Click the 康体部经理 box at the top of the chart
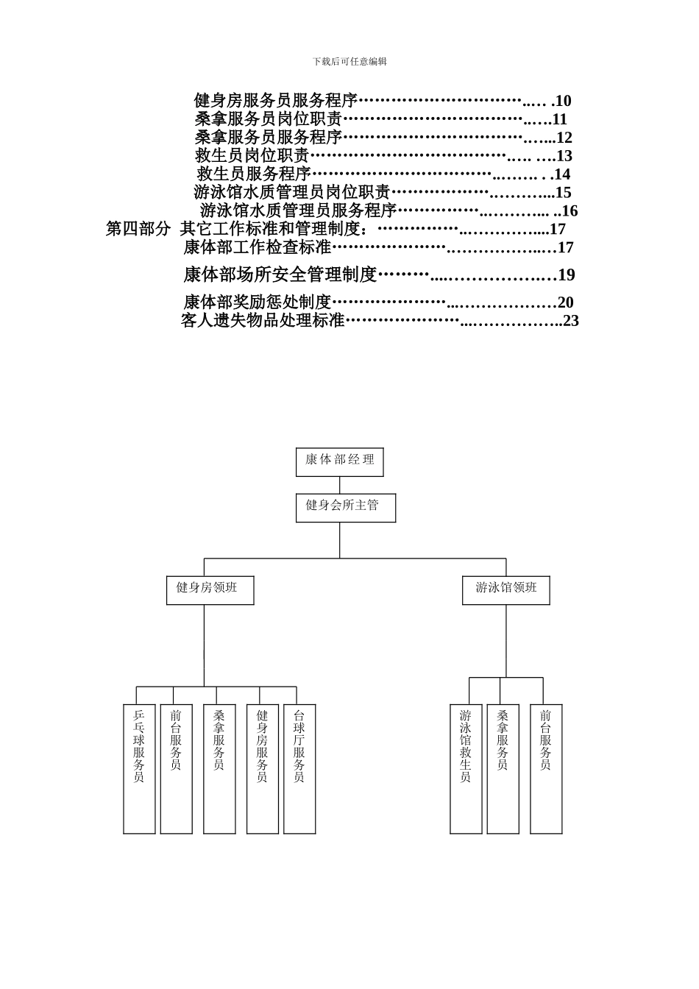point(339,461)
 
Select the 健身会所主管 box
point(345,508)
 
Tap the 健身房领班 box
point(210,590)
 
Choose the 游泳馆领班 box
point(505,590)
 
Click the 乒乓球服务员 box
point(139,768)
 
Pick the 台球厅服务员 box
point(299,768)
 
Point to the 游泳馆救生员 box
point(466,768)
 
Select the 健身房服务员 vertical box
point(263,768)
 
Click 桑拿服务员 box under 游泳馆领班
point(503,768)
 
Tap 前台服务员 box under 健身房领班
point(176,768)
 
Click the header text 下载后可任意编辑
point(349,62)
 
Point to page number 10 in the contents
point(563,101)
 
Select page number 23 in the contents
point(571,321)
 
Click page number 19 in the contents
point(567,275)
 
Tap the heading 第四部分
point(138,229)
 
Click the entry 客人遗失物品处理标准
point(263,321)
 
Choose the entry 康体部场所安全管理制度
point(280,275)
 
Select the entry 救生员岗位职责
point(252,156)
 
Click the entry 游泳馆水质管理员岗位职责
point(291,193)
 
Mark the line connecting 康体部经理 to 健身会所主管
point(340,485)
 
